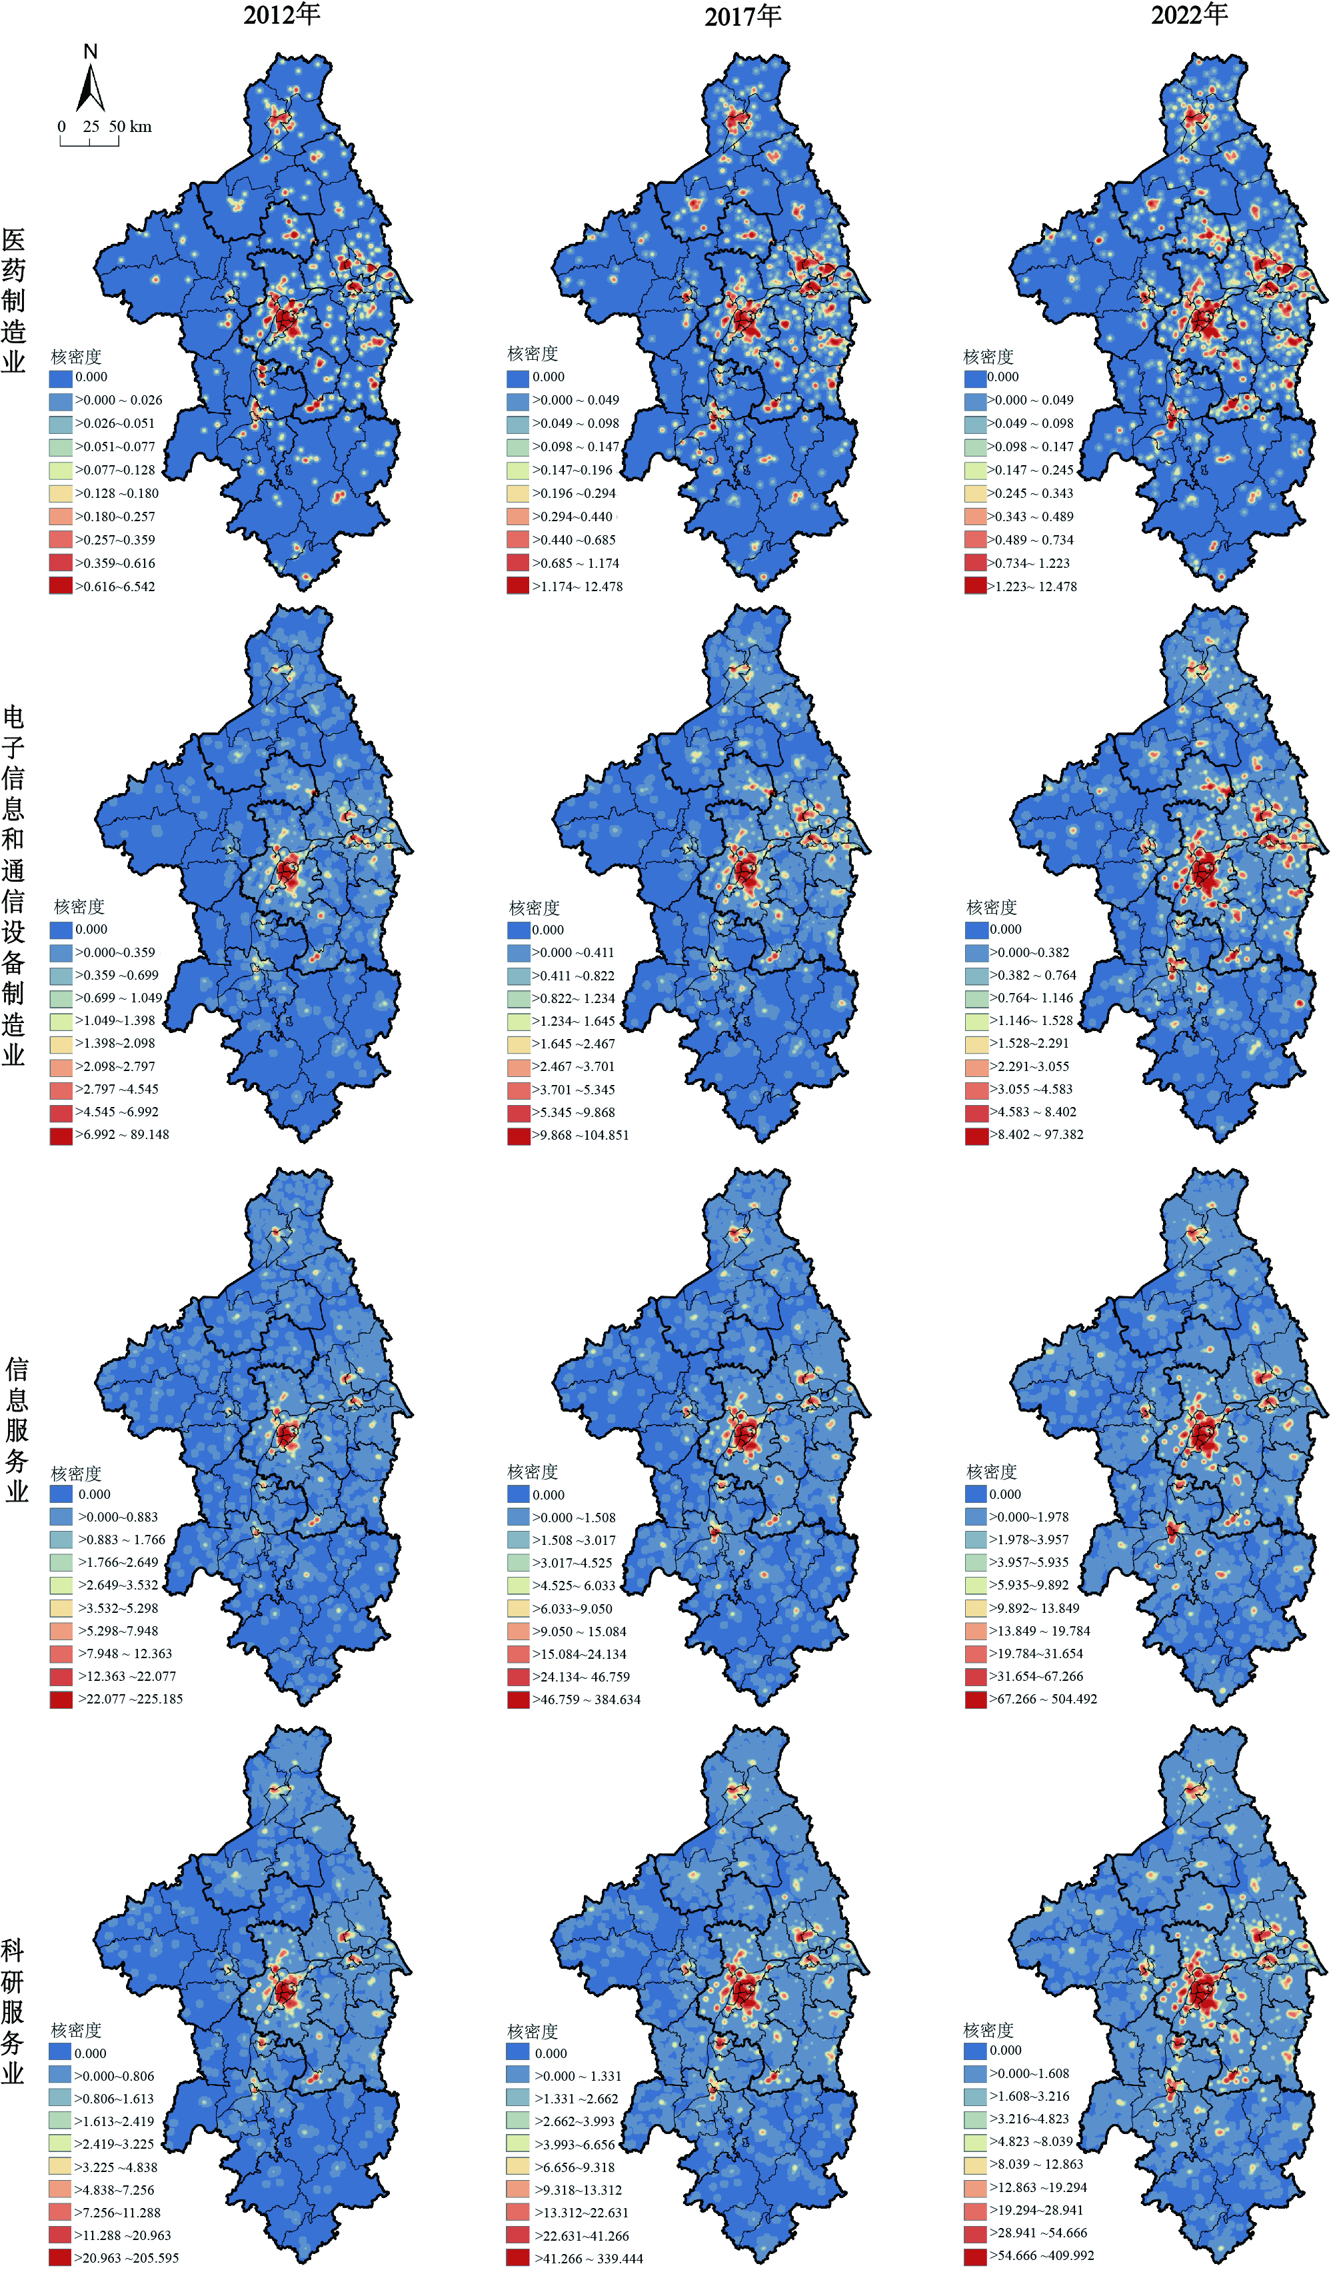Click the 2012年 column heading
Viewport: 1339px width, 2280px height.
(281, 15)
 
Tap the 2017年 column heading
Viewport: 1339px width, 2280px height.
(742, 16)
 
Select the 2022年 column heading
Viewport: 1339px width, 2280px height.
(1189, 15)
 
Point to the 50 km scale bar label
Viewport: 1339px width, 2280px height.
(130, 127)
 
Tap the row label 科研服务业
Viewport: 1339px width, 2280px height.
(13, 2009)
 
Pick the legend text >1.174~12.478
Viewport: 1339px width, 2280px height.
(577, 586)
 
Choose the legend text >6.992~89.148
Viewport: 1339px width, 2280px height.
(122, 1134)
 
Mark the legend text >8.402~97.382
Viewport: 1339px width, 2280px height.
(1037, 1134)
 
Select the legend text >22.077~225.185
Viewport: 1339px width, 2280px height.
(130, 1699)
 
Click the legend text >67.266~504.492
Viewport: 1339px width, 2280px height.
(1043, 1699)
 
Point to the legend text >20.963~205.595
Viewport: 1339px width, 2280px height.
(127, 2258)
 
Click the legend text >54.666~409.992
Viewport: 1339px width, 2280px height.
(1041, 2255)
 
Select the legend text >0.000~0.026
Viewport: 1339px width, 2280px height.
(119, 400)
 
